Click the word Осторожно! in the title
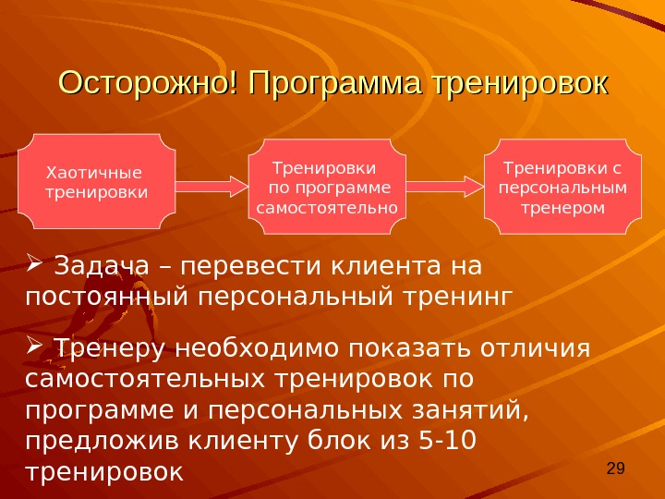[x=145, y=85]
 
